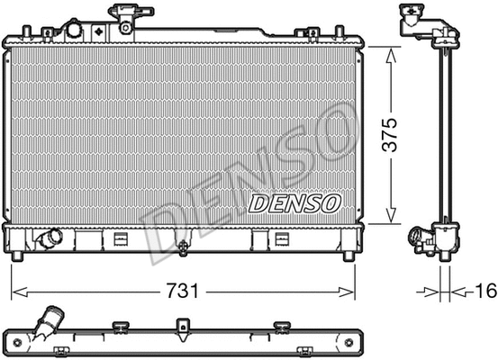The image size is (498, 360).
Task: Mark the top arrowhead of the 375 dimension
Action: [x=390, y=52]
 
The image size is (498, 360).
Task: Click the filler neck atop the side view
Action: [x=414, y=18]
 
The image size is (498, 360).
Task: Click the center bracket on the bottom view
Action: [x=183, y=325]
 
